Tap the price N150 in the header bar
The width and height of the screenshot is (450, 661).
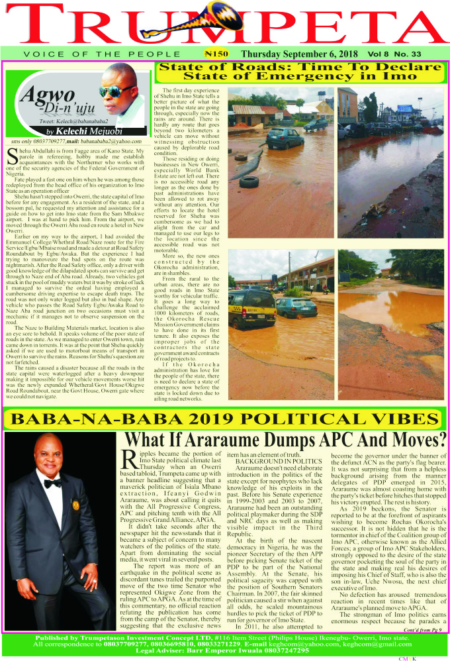[x=216, y=53]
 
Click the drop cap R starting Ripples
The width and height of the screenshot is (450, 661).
[x=131, y=461]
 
